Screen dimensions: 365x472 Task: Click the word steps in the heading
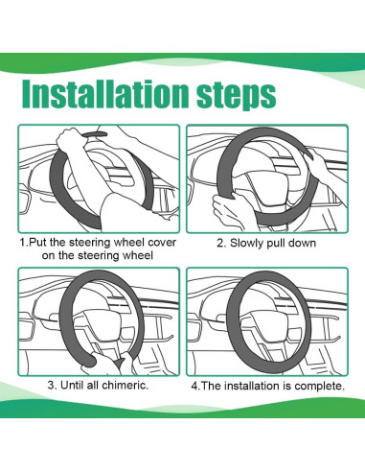[237, 95]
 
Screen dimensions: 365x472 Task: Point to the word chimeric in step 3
[125, 385]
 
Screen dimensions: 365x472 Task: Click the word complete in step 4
[319, 386]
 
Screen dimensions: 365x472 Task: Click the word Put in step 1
[37, 243]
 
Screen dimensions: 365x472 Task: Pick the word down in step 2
[302, 243]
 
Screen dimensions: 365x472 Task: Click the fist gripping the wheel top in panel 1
[68, 138]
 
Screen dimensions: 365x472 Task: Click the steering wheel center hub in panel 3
[103, 327]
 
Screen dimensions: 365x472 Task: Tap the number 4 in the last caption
[194, 386]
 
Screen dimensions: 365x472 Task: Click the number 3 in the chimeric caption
[51, 385]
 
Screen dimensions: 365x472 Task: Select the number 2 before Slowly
[220, 243]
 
